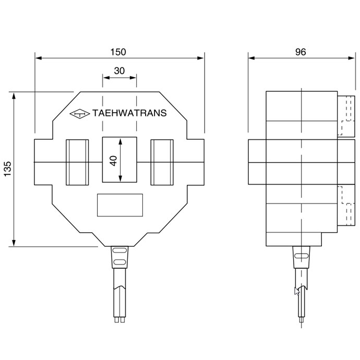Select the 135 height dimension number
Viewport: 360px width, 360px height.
point(7,170)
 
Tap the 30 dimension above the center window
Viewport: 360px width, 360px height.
point(119,71)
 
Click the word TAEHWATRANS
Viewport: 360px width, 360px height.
point(129,113)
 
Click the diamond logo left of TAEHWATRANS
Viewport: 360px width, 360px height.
point(80,113)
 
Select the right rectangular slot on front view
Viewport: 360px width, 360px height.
point(162,162)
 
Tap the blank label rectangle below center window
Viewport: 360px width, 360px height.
point(120,205)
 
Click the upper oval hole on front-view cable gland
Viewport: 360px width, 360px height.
point(119,252)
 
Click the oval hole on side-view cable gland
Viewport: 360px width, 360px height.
point(302,256)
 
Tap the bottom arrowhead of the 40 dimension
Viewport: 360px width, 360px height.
point(120,178)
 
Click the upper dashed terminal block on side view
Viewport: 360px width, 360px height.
point(345,116)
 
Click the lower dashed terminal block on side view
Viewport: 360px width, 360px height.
point(345,205)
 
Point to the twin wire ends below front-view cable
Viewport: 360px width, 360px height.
point(120,319)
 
